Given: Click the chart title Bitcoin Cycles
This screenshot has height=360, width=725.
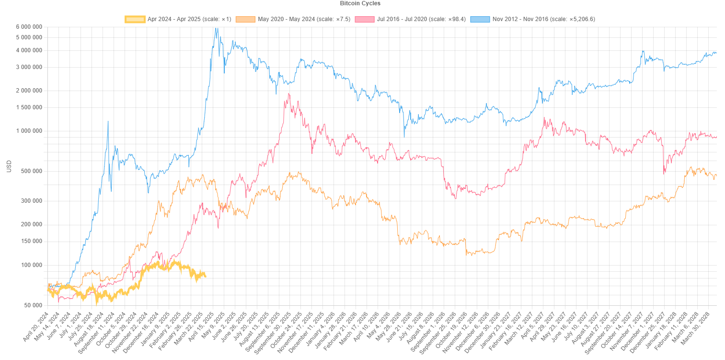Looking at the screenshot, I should click(360, 3).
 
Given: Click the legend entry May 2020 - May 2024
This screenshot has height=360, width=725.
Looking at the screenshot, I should click(297, 19).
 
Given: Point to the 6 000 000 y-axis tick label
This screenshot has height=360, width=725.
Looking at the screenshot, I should click(29, 27).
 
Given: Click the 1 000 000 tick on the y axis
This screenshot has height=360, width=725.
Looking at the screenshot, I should click(29, 131).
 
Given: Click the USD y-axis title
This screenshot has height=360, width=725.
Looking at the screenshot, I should click(9, 166).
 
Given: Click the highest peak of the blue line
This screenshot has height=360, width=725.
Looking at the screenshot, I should click(217, 28).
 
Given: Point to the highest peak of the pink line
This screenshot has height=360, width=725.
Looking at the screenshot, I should click(288, 93).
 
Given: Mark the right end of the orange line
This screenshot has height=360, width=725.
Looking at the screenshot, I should click(716, 175).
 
